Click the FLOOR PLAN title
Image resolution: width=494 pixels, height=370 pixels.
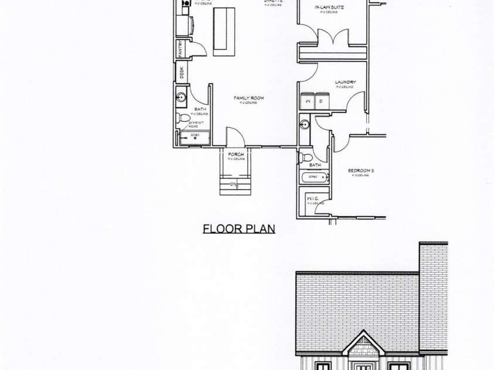coord(239,228)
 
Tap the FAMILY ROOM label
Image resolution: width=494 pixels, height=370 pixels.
coord(248,98)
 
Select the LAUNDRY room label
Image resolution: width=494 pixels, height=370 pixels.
coord(345,82)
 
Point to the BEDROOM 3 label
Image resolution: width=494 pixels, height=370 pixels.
coord(360,170)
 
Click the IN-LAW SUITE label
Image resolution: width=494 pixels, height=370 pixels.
coord(328,7)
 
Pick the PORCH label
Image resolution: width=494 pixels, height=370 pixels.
coord(236,155)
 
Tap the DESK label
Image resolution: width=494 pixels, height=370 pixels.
coord(182,73)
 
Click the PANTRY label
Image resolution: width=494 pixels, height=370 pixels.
coord(182,49)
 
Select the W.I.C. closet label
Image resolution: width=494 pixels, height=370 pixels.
coord(312,198)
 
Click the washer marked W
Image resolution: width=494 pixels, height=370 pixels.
coord(307,101)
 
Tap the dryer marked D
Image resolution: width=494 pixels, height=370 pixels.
coord(322,101)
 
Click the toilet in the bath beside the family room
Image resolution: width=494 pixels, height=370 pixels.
coord(183,118)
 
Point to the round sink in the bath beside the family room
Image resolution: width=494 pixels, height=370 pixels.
coord(181,97)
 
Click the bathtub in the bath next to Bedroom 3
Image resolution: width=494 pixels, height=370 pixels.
coord(313,177)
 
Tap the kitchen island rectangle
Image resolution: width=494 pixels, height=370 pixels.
coord(224,32)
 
